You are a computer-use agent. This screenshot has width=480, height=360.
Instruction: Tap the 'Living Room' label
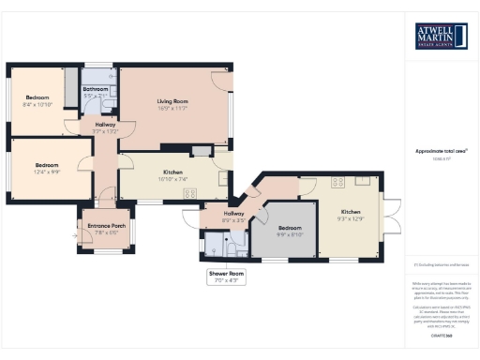point(173,101)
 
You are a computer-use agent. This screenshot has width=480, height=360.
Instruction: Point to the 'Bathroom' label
point(96,89)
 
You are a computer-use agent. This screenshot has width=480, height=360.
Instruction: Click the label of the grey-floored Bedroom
point(288,227)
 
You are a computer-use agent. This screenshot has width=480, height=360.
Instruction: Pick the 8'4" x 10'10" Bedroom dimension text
point(37,104)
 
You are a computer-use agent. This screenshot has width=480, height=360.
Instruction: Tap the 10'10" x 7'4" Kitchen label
point(172,178)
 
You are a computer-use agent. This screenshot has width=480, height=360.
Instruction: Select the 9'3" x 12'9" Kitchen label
point(350,218)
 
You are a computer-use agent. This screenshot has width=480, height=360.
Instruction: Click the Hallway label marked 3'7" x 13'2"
point(104,131)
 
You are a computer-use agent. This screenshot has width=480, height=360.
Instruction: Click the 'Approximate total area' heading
point(441,151)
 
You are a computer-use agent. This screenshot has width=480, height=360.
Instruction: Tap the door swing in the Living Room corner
point(222,80)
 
